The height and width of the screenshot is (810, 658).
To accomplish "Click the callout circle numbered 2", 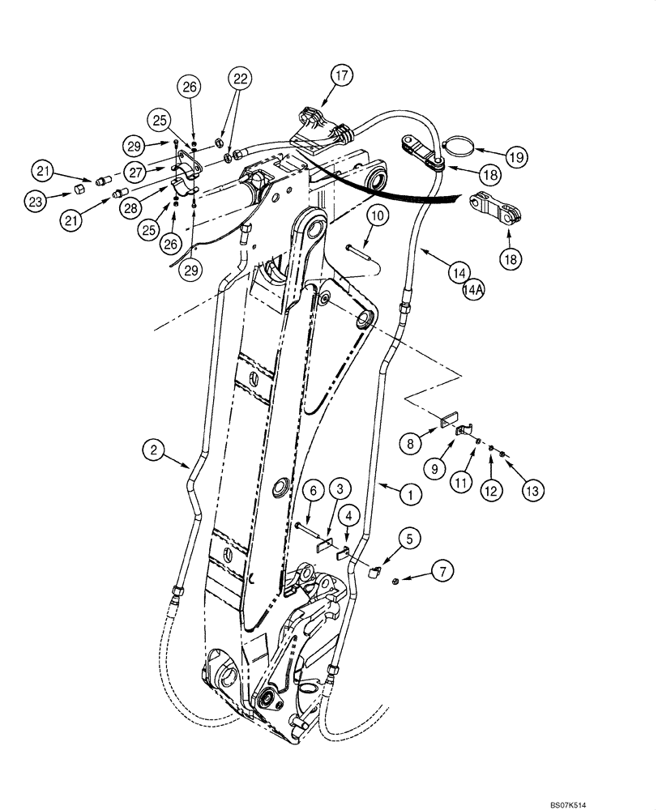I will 152,450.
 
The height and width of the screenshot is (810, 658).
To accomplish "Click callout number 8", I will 412,443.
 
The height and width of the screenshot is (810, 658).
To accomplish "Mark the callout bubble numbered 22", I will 240,79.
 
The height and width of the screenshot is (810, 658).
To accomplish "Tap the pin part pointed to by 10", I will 357,249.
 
